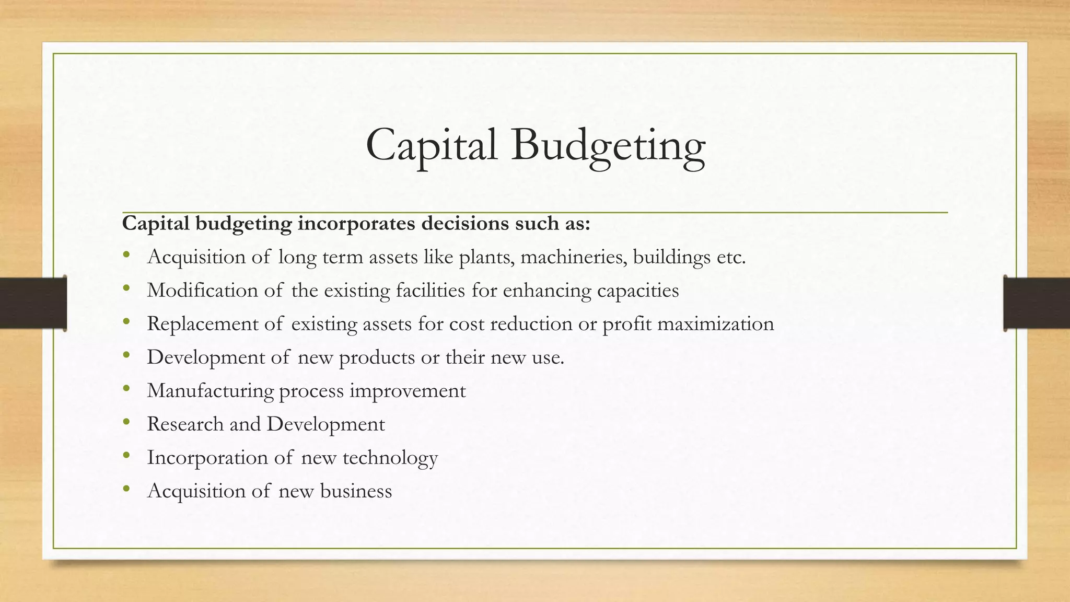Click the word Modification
click(x=202, y=291)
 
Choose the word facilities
click(x=430, y=291)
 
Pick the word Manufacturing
click(x=211, y=391)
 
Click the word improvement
click(x=408, y=391)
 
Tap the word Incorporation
click(x=207, y=458)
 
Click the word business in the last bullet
click(x=356, y=491)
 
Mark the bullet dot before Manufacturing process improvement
click(x=126, y=389)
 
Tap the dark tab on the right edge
click(x=1037, y=303)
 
